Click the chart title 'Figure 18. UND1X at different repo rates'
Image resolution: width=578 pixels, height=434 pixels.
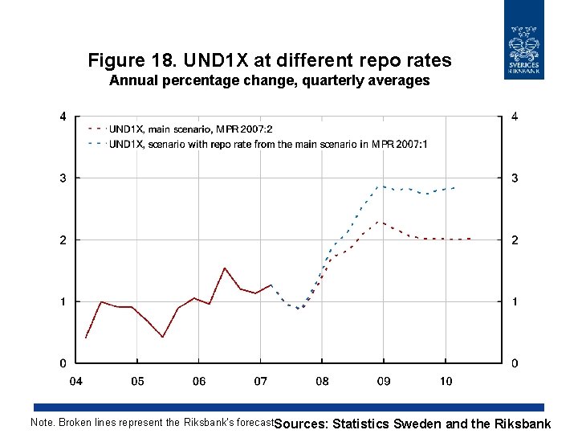point(270,60)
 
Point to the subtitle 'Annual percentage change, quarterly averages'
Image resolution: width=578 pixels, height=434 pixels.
point(270,80)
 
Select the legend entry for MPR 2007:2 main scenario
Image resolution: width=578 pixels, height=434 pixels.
point(191,129)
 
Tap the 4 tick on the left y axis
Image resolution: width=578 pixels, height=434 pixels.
point(63,117)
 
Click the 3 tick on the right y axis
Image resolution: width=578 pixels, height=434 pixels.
point(515,178)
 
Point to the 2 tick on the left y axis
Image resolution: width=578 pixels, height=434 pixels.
point(63,240)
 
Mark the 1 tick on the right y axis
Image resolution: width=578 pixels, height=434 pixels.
point(515,301)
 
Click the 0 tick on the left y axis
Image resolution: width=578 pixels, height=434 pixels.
point(63,363)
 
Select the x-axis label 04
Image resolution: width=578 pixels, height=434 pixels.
point(75,381)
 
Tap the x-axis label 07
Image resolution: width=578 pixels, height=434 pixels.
point(260,381)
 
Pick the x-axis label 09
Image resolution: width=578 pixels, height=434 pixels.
point(384,381)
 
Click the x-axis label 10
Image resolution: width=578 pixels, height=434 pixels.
point(446,381)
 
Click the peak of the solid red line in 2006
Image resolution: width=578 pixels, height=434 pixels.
point(225,268)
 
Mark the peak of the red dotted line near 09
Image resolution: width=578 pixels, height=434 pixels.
point(379,222)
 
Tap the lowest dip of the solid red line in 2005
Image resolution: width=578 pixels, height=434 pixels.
point(162,337)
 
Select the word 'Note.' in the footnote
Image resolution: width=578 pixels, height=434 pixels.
point(43,422)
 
